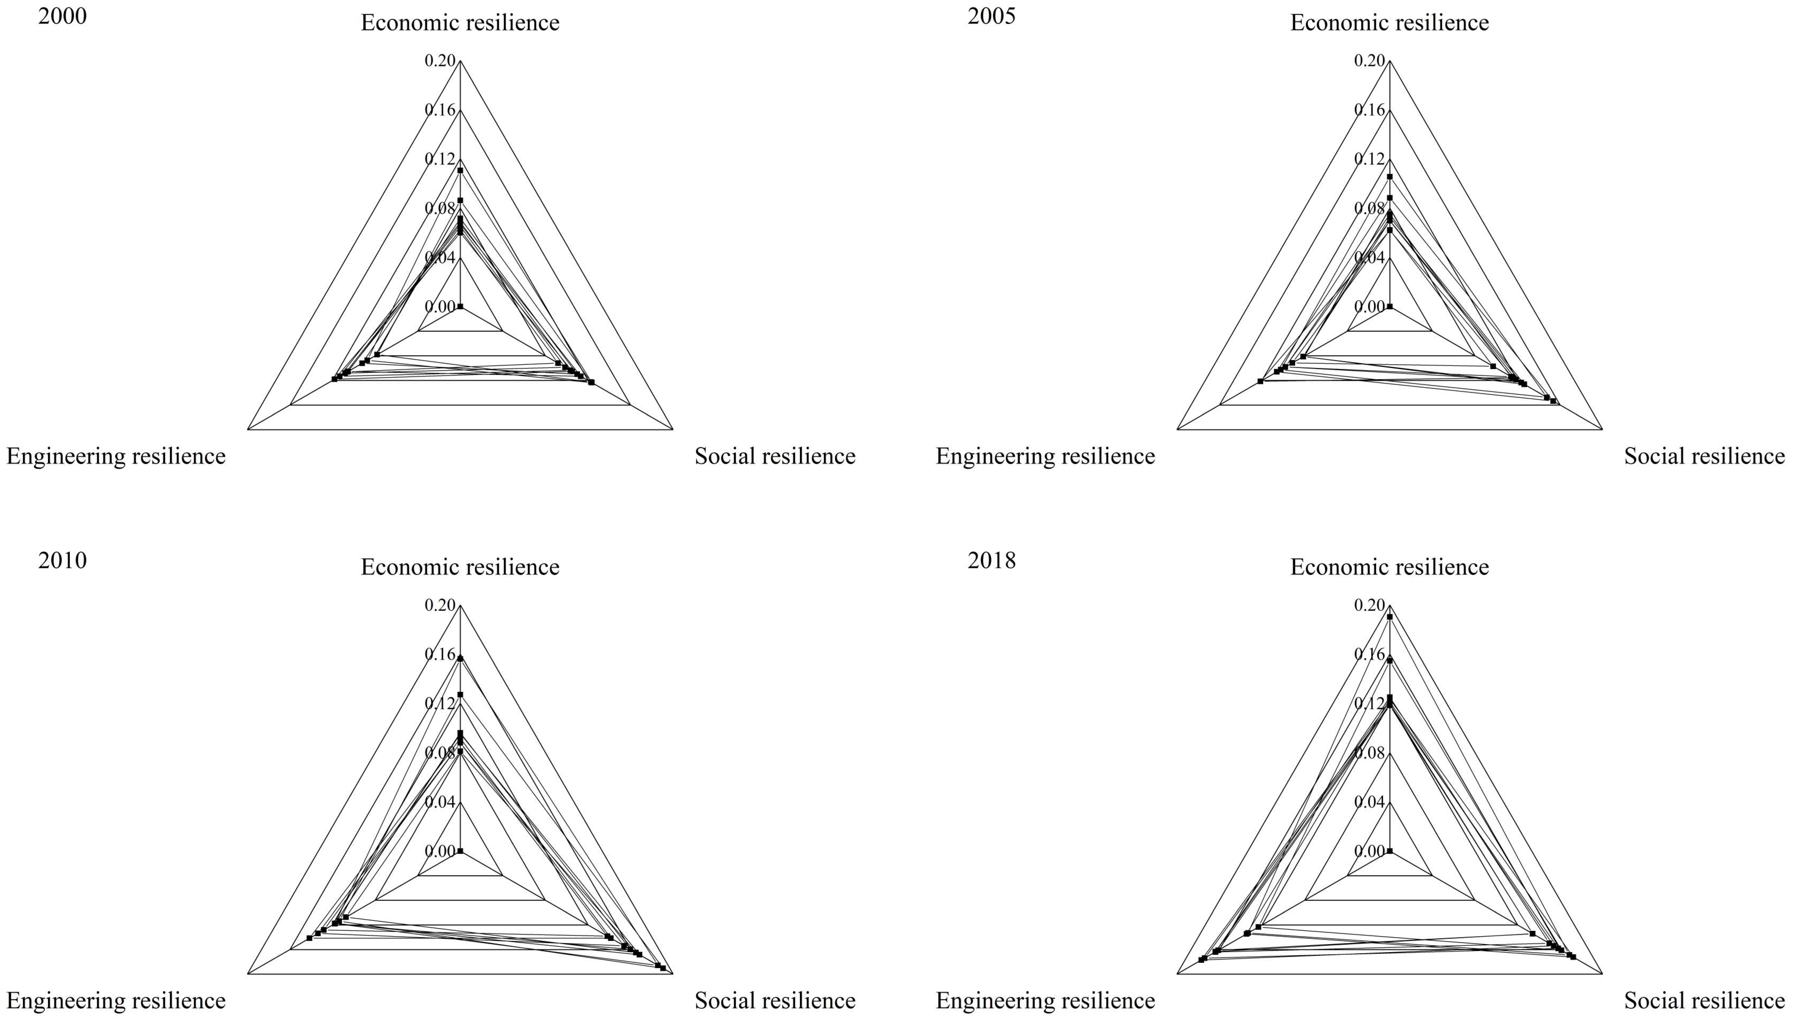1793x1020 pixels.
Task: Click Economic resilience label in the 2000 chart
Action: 460,22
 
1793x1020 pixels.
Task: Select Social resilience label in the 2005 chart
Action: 1704,456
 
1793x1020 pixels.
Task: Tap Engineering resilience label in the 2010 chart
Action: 116,1000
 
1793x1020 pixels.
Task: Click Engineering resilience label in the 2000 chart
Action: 116,456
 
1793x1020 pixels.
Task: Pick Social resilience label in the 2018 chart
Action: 1704,1000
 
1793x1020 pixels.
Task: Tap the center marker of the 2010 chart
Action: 460,851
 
